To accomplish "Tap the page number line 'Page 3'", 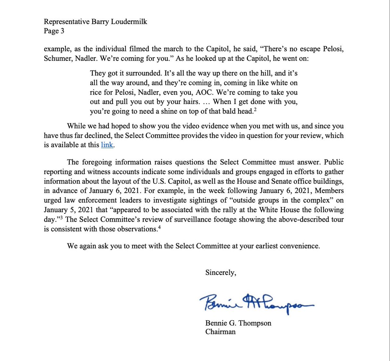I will point(54,31).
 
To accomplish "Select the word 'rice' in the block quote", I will point(97,92).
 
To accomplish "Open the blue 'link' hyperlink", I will point(107,145).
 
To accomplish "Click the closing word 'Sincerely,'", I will point(221,273).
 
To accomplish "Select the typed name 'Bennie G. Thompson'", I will point(238,323).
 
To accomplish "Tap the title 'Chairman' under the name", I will point(220,332).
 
